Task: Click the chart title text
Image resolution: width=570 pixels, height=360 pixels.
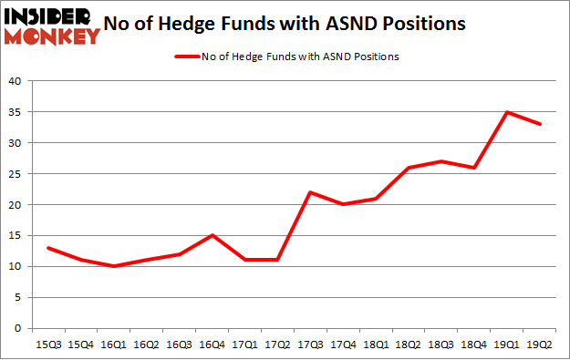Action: click(289, 25)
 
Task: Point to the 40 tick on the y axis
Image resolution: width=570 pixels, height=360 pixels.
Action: click(15, 81)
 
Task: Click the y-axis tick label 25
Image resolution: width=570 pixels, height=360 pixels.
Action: click(15, 174)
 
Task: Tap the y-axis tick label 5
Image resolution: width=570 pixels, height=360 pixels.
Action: click(17, 297)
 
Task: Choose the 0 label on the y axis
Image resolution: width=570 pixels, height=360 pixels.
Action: click(17, 328)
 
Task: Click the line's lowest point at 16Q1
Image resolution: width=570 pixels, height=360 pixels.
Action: click(113, 266)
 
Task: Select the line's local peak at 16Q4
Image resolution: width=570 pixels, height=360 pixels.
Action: click(211, 235)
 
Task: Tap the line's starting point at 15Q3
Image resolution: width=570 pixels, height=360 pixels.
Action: click(47, 248)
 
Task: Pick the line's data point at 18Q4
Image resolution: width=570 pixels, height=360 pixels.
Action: click(472, 168)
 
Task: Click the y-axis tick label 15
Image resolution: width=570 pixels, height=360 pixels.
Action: click(15, 235)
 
